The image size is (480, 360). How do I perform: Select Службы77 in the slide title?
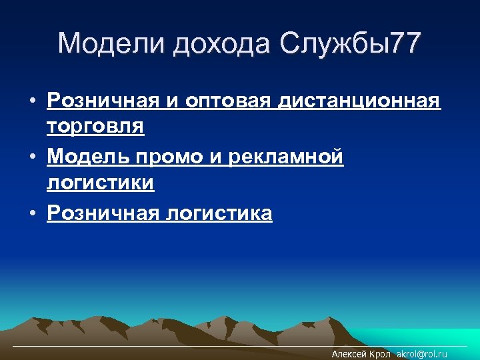point(352,44)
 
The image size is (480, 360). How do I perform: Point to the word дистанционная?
point(359,101)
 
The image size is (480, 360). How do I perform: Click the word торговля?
point(95,126)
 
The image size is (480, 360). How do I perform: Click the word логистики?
point(100,183)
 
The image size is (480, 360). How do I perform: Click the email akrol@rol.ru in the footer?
point(422,355)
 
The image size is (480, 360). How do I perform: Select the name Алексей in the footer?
point(349,355)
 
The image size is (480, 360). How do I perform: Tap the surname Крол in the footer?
point(380,355)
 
